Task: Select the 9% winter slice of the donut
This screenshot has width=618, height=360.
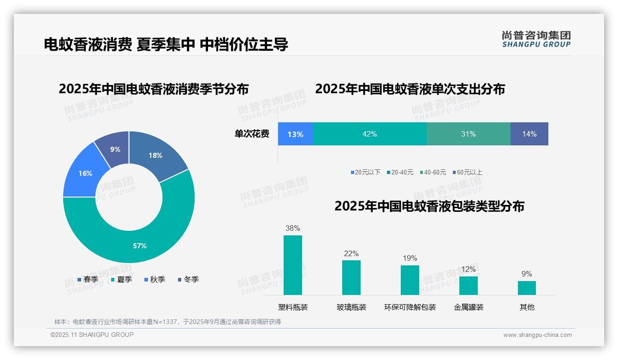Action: tap(115, 149)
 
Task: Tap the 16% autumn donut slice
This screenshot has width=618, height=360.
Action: tap(85, 173)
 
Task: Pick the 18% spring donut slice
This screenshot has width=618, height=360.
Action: tap(155, 156)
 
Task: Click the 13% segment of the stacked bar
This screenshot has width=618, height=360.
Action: tap(295, 134)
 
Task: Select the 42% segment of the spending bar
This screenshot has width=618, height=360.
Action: tap(370, 134)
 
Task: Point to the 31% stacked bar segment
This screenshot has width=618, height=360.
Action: tap(468, 134)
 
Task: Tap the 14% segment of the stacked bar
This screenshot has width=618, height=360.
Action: tap(529, 134)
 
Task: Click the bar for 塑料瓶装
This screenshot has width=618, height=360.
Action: tap(293, 265)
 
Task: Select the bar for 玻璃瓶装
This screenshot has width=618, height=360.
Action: tap(351, 277)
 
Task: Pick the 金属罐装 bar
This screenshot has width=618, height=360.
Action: tap(468, 285)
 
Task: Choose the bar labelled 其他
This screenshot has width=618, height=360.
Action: tap(527, 288)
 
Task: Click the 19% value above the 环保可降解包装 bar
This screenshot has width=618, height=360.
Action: tap(410, 258)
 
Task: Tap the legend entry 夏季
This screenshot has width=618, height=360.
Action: tap(121, 279)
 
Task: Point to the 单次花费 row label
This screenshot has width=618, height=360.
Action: tap(252, 134)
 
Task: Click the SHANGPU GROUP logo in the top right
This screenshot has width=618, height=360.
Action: tap(536, 39)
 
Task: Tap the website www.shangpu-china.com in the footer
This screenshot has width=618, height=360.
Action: tap(537, 335)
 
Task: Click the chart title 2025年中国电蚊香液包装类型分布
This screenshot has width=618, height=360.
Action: tap(429, 206)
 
